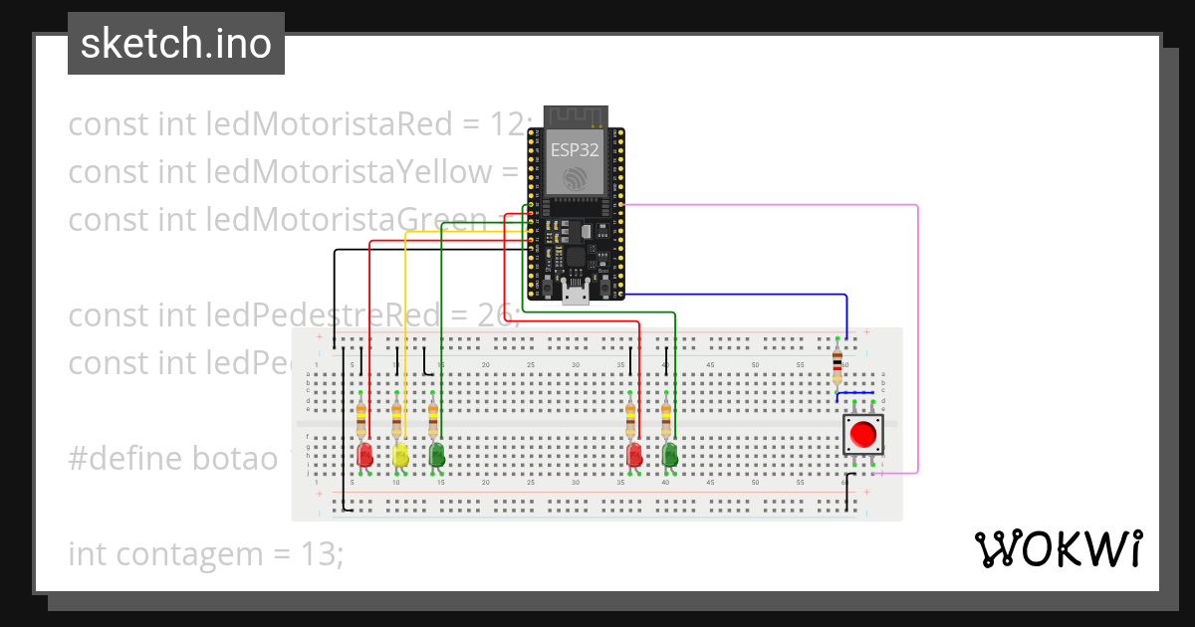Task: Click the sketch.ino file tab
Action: [176, 44]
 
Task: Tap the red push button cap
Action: [862, 435]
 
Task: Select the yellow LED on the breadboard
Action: [399, 455]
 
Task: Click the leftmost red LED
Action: [364, 455]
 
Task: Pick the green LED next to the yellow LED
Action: [436, 455]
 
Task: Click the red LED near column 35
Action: [633, 455]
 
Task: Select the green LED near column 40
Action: [669, 455]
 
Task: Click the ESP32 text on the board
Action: [576, 150]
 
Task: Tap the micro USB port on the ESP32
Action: [575, 294]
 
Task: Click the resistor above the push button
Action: [836, 363]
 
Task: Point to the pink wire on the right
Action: [916, 338]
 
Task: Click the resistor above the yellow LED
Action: [397, 417]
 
